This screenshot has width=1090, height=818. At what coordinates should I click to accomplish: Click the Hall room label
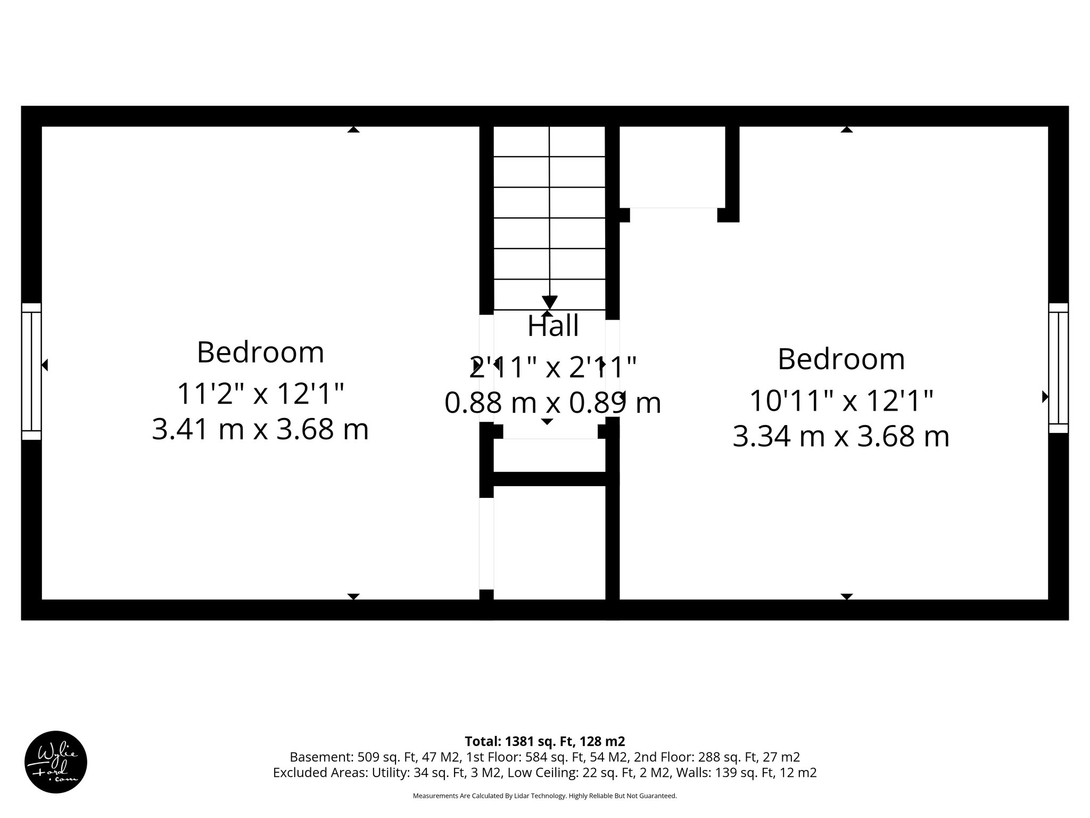(x=553, y=326)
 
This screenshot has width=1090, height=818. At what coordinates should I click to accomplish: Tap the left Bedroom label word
(x=260, y=353)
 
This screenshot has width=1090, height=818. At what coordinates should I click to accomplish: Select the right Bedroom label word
(x=841, y=359)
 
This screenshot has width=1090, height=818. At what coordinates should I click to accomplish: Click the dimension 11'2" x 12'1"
(x=260, y=395)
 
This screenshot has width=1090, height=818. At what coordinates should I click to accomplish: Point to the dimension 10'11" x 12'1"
(x=841, y=401)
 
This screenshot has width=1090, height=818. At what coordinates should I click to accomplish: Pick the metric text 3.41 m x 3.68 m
(x=260, y=430)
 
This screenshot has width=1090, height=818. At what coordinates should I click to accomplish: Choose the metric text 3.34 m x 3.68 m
(x=841, y=437)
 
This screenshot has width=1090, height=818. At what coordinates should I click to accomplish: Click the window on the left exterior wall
(x=31, y=371)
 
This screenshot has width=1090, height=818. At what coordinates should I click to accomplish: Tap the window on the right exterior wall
(x=1058, y=368)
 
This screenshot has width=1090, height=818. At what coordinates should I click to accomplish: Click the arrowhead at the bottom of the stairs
(x=549, y=302)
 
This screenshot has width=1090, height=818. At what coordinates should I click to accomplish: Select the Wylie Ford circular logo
(x=56, y=762)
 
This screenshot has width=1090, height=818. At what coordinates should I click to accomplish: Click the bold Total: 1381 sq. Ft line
(x=544, y=741)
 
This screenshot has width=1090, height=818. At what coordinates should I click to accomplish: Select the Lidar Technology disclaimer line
(x=544, y=796)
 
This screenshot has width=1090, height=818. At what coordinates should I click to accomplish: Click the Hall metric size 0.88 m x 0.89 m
(x=552, y=403)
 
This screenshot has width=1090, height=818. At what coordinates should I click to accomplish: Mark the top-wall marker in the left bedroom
(x=353, y=129)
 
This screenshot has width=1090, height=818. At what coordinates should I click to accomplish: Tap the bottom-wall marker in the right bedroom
(x=846, y=596)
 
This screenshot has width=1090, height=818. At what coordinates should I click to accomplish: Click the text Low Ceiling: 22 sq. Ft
(x=567, y=773)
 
